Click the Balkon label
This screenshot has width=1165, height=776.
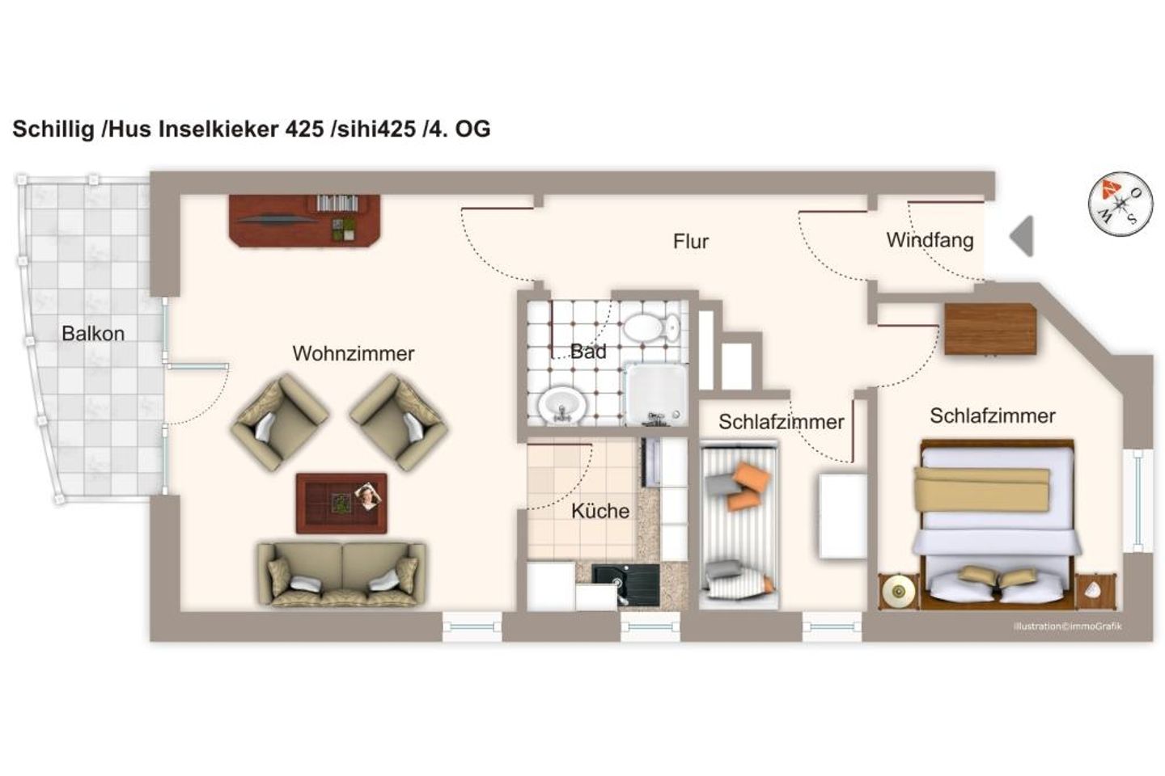[x=93, y=333]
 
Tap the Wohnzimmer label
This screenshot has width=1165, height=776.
[x=353, y=353]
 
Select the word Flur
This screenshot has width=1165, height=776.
[x=690, y=241]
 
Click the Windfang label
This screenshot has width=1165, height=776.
[x=929, y=240]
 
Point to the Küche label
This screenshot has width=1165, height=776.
[x=599, y=511]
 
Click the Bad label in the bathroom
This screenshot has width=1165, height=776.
[x=587, y=352]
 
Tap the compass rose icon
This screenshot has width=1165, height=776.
[x=1120, y=203]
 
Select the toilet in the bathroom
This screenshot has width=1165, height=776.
[x=650, y=328]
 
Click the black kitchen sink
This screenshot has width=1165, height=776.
[x=625, y=582]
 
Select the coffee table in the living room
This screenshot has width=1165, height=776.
[x=341, y=503]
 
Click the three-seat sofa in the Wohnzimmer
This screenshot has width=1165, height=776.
[x=341, y=574]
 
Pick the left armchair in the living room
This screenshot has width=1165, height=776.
[x=279, y=423]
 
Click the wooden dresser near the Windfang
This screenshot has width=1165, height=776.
[x=990, y=329]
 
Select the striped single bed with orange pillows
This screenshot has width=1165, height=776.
[x=738, y=525]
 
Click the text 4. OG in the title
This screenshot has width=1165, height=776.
[x=462, y=129]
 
